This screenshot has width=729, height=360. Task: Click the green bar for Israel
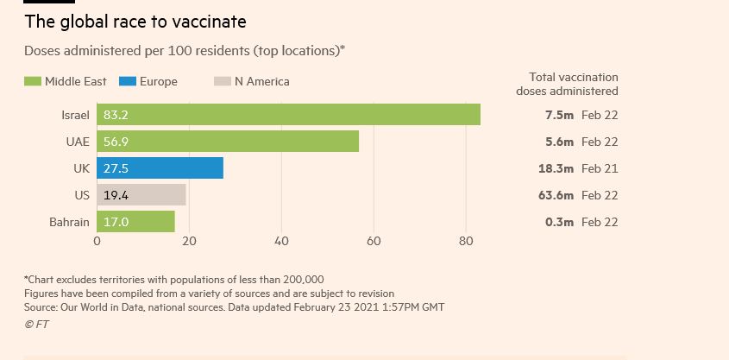[x=288, y=115]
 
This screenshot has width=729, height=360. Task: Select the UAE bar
[x=228, y=142]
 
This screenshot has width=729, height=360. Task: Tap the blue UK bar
[x=160, y=168]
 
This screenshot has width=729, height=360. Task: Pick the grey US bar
[x=141, y=195]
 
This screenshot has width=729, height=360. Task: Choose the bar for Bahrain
[x=135, y=222]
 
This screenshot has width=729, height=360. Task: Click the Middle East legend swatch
[x=33, y=82]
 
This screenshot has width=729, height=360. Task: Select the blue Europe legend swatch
[x=128, y=82]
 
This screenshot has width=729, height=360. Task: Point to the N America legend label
[x=262, y=82]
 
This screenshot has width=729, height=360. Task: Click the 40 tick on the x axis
[x=281, y=242]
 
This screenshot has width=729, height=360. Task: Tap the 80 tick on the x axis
[x=466, y=242]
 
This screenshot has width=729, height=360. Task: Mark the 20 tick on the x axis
[x=189, y=242]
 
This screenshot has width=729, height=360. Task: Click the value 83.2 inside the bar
[x=116, y=115]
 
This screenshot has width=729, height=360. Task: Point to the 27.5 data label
[x=116, y=168]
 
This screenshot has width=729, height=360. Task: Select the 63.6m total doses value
[x=556, y=195]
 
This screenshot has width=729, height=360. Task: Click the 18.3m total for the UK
[x=556, y=168]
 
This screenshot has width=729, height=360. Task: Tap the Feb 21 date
[x=600, y=168]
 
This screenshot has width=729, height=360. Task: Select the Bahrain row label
[x=69, y=222]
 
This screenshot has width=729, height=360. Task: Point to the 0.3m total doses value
[x=559, y=222]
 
